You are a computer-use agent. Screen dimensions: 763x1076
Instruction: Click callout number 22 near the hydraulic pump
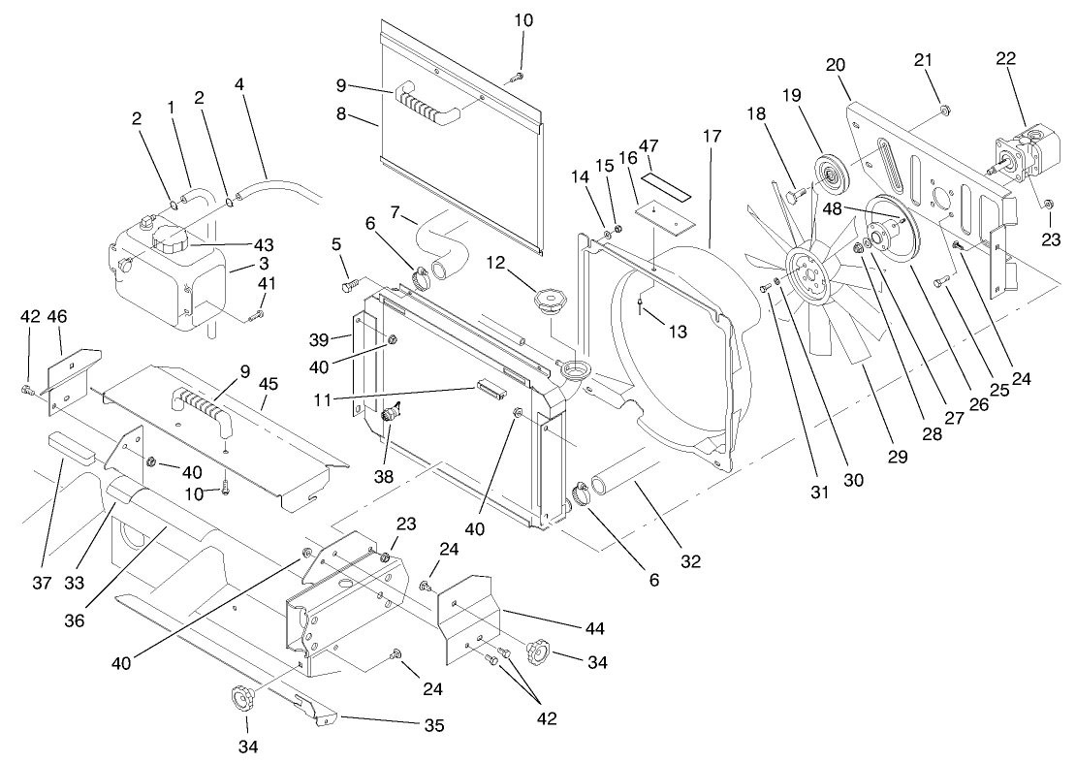[x=1005, y=58]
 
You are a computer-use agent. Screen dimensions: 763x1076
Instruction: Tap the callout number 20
[x=836, y=65]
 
